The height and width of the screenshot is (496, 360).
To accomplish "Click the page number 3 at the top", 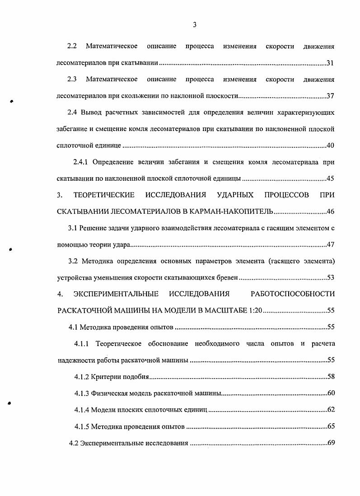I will [x=194, y=25].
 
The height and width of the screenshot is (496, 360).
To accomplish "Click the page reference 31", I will [x=330, y=63].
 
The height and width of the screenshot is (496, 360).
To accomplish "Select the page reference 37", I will [x=330, y=96].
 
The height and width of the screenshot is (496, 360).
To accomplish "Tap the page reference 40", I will [x=330, y=145].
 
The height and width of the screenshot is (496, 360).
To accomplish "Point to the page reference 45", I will [x=330, y=178].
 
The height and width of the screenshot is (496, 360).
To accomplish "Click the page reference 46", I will [x=330, y=211].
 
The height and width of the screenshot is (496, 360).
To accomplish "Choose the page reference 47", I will [x=330, y=244].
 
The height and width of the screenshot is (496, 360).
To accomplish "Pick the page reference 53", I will [x=330, y=277].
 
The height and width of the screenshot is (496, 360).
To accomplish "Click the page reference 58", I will [x=330, y=376].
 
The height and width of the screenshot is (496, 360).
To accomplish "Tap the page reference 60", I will [x=330, y=393].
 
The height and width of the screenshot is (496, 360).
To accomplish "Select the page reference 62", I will [x=330, y=410].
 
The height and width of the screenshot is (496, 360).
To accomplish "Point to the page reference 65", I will [x=330, y=426].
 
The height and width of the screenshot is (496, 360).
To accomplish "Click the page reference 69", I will [x=330, y=443].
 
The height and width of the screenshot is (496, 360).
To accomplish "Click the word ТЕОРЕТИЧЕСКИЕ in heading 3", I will [x=104, y=195].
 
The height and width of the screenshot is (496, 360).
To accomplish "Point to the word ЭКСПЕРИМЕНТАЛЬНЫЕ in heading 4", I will [x=116, y=294].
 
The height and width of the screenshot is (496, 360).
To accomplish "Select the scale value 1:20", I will [x=254, y=311].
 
